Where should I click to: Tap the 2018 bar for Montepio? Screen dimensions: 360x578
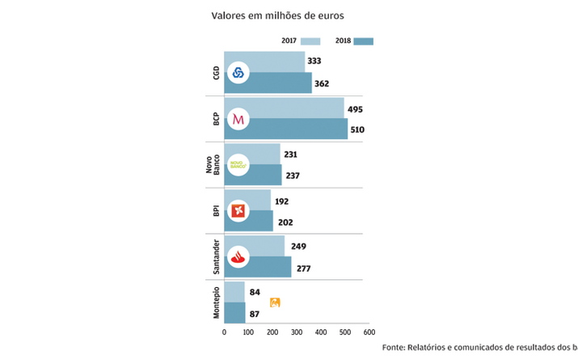pyautogui.click(x=234, y=313)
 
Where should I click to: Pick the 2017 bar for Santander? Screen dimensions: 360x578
pyautogui.click(x=267, y=246)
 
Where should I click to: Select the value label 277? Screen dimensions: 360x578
pyautogui.click(x=303, y=268)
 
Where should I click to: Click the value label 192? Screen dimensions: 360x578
pyautogui.click(x=281, y=201)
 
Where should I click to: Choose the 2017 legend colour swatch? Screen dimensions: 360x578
pyautogui.click(x=310, y=40)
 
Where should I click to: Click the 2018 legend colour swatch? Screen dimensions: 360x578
pyautogui.click(x=363, y=40)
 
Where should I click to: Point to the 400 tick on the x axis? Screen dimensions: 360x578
pyautogui.click(x=321, y=332)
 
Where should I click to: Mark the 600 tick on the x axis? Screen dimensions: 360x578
pyautogui.click(x=369, y=332)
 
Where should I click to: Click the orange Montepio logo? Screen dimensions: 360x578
pyautogui.click(x=275, y=303)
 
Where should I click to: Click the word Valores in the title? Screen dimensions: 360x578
pyautogui.click(x=230, y=15)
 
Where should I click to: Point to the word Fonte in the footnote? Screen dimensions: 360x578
pyautogui.click(x=397, y=347)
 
